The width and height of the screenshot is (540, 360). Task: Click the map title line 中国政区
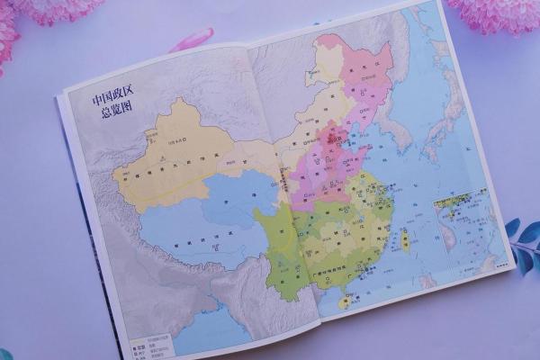pyautogui.click(x=104, y=96)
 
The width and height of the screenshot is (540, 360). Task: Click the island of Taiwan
pyautogui.click(x=404, y=239)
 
